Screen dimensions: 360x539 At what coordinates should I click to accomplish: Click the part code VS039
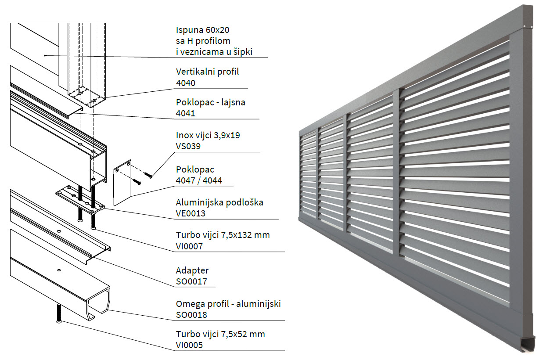(x=188, y=146)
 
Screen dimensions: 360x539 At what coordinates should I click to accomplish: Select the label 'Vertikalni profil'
(x=207, y=72)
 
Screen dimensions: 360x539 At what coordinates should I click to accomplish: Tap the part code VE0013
(x=191, y=213)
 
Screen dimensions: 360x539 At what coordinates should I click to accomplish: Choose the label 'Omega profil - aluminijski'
(x=228, y=304)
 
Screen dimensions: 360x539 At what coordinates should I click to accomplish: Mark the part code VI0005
(x=189, y=345)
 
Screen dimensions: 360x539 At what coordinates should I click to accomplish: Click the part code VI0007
(x=189, y=246)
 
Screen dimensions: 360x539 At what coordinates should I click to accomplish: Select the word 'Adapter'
(x=192, y=270)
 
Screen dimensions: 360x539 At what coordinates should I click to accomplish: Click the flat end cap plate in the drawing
(x=123, y=182)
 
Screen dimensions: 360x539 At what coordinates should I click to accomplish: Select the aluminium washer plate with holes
(x=81, y=199)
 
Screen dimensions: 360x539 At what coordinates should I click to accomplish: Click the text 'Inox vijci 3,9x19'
(x=208, y=135)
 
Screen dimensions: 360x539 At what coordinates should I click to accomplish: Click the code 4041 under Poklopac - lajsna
(x=186, y=113)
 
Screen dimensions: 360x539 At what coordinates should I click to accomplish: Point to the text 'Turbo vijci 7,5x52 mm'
(x=220, y=334)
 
